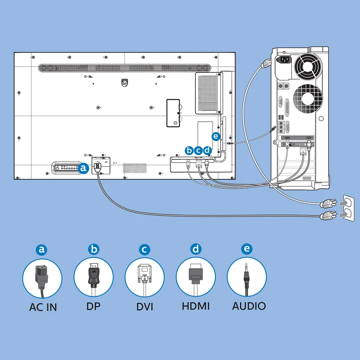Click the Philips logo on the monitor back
point(125,83)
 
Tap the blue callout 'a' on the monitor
point(84,168)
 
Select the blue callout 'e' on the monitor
point(216,136)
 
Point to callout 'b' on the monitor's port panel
point(189,150)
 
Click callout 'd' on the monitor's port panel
point(207,150)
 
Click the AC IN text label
point(43,307)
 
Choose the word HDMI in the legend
point(195,306)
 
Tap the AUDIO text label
point(249,306)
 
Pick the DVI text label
point(145,307)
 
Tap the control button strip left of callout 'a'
point(66,168)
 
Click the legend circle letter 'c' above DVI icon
point(144,249)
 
